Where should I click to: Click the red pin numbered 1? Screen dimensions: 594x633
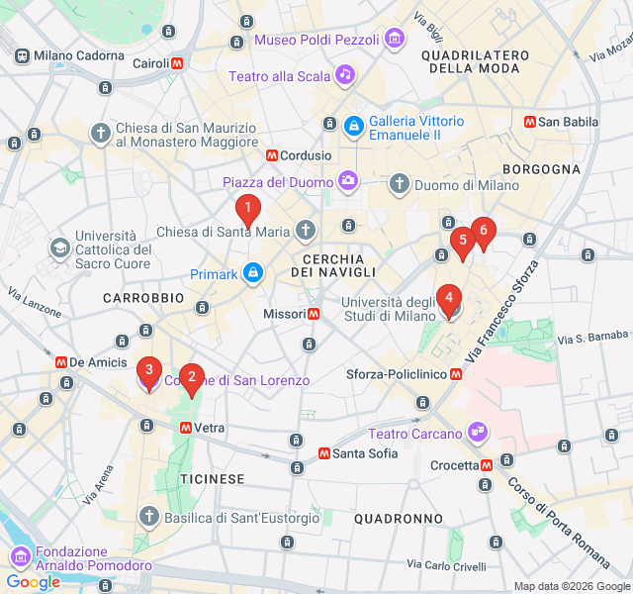tap(247, 209)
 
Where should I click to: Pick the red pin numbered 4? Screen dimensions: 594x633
tap(449, 297)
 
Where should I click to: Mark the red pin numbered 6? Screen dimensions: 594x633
tap(483, 231)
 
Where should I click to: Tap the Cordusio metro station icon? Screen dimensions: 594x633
tap(271, 155)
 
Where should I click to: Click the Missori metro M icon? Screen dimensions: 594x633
tap(313, 314)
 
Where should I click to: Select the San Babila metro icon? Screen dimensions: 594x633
tap(530, 122)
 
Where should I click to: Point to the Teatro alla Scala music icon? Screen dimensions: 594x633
tap(344, 74)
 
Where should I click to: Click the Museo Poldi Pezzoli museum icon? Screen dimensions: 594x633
tap(395, 40)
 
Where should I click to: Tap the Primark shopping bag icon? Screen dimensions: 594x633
tap(253, 272)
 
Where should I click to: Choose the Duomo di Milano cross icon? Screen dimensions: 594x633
tap(399, 183)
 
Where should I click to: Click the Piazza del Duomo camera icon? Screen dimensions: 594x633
tap(348, 180)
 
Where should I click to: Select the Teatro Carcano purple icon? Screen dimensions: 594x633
tap(479, 432)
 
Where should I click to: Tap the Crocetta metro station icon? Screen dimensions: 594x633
tap(486, 465)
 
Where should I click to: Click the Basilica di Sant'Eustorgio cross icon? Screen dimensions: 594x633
tap(148, 517)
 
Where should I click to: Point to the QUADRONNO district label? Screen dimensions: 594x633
tap(398, 519)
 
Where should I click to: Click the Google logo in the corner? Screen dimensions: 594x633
tap(33, 582)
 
